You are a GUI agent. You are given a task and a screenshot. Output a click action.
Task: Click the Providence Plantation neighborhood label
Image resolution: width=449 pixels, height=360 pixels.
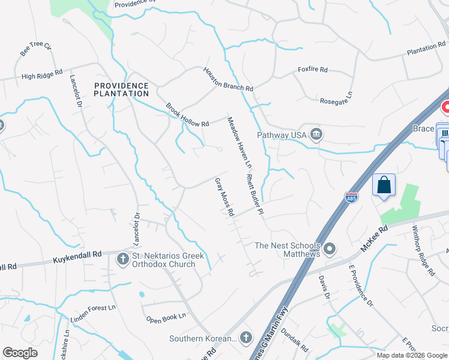(121, 89)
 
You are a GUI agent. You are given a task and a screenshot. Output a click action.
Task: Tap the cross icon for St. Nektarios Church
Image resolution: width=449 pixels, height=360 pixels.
(122, 259)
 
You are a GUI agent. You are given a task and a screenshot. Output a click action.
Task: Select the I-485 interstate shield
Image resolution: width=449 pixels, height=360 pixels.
(351, 197)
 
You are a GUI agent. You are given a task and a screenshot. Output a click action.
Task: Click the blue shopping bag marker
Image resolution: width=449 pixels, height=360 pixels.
(384, 185)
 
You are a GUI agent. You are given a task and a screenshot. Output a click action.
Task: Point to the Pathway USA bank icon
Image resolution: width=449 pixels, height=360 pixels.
(316, 135)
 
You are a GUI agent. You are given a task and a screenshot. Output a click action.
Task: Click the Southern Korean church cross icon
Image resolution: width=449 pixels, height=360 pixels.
(245, 338)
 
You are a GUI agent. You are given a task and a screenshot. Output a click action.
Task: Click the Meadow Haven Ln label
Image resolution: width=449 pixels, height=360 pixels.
(239, 143)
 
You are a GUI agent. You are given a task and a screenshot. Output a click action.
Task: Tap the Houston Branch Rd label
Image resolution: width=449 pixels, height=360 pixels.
(228, 79)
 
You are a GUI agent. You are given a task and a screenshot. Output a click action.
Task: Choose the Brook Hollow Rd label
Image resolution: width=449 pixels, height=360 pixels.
(187, 115)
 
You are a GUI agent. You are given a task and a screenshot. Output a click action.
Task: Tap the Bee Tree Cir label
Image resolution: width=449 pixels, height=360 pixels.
(36, 50)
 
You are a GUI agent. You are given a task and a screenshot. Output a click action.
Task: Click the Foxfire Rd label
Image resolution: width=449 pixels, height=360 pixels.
(313, 70)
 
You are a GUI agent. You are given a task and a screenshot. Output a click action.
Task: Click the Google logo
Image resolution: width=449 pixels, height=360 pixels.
(20, 353)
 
